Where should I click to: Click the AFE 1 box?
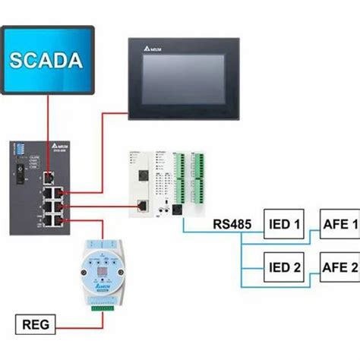(x=339, y=226)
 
